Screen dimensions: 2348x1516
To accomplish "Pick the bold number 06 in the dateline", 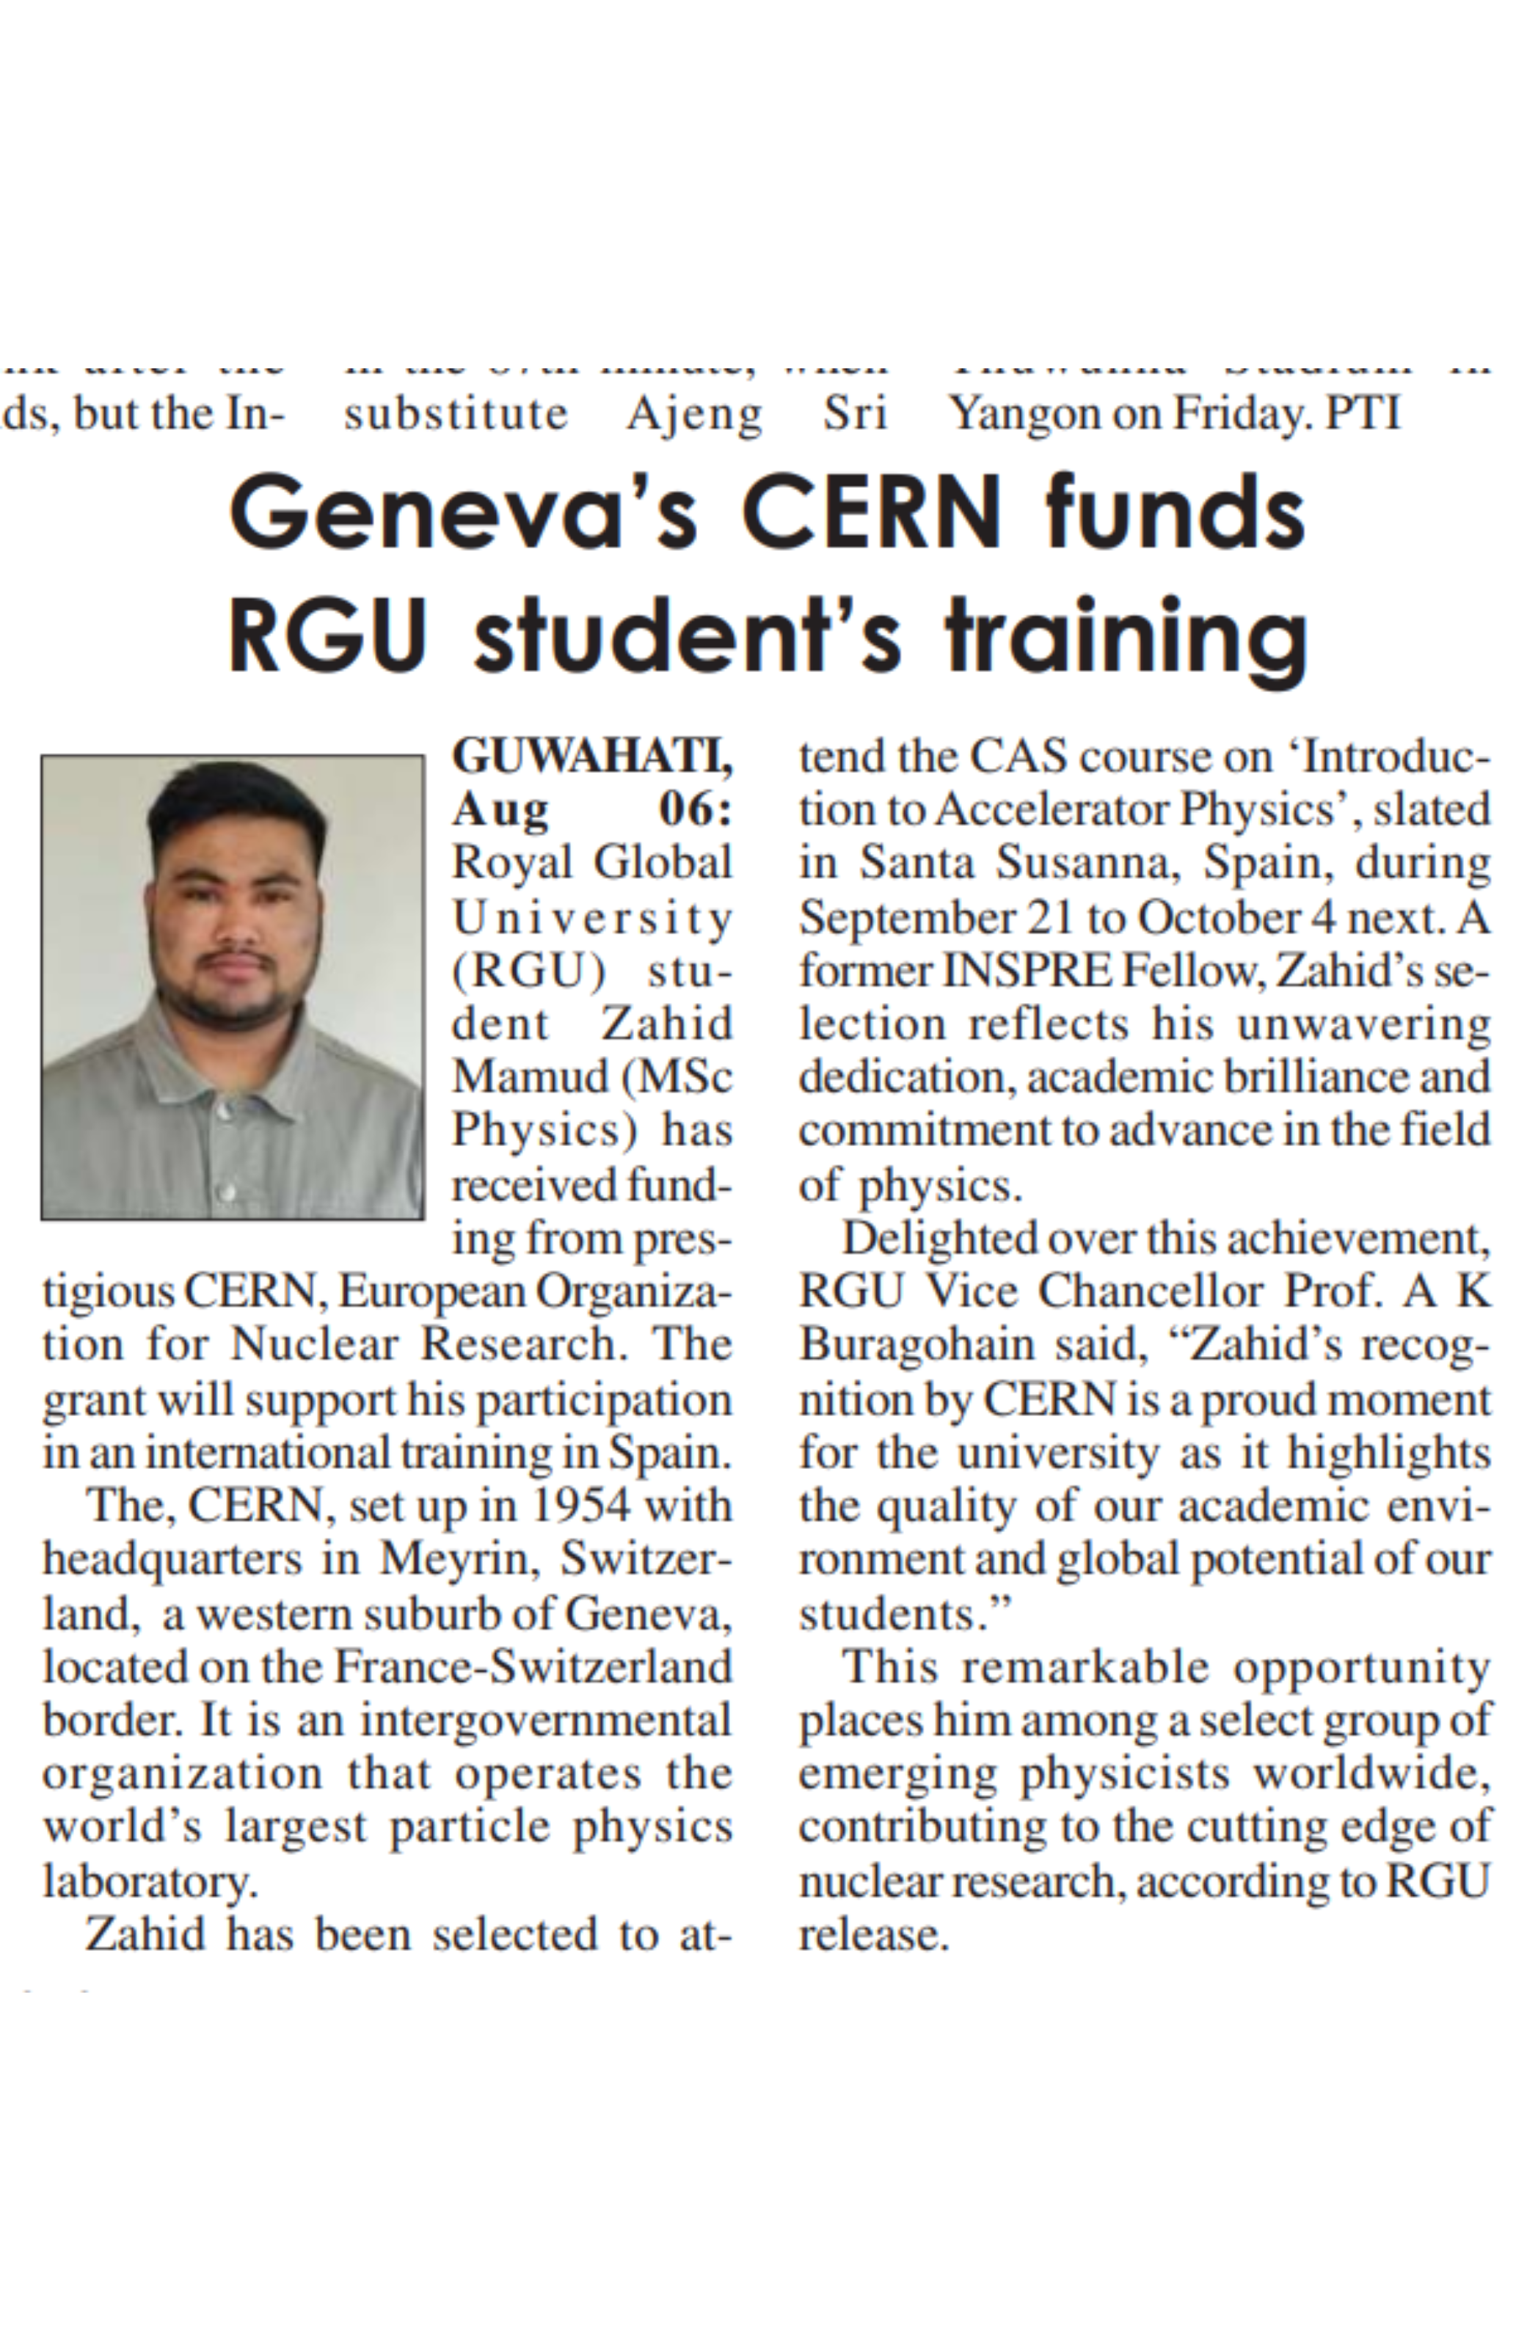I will click(694, 810).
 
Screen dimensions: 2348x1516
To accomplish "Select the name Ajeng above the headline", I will click(694, 413).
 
